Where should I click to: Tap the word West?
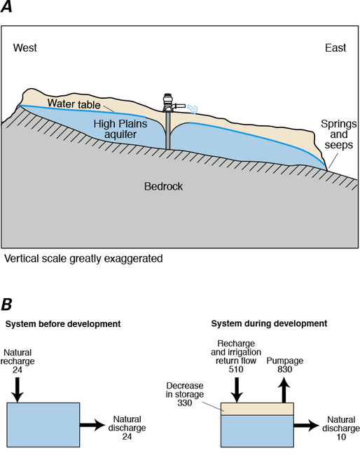[25, 48]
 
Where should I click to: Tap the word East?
[335, 48]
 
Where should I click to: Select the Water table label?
[75, 104]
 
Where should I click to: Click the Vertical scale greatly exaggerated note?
[83, 258]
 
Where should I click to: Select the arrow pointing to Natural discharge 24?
[90, 425]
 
